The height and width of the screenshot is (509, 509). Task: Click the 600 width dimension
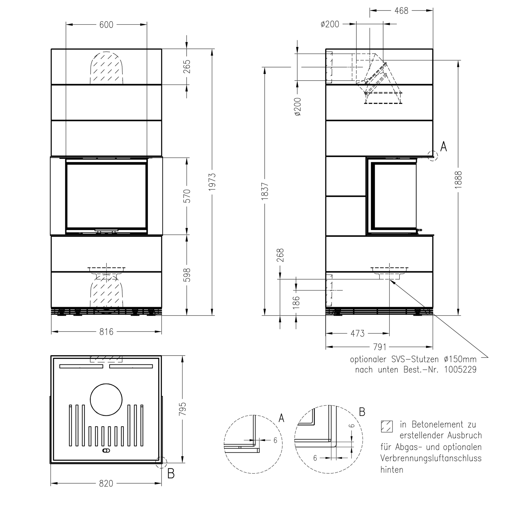(106, 25)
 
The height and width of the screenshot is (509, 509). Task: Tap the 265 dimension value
(187, 67)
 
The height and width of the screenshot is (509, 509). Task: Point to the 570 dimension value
(187, 196)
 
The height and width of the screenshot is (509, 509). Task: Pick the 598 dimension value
(187, 275)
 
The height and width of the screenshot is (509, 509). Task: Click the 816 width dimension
(106, 332)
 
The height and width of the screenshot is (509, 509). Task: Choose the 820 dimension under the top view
(106, 483)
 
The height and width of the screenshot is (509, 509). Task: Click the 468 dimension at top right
(401, 11)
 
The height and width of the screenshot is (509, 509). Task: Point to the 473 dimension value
(357, 333)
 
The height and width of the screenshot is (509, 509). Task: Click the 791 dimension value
(380, 347)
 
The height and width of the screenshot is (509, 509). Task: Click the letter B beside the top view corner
(171, 474)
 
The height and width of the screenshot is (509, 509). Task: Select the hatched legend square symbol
(387, 427)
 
